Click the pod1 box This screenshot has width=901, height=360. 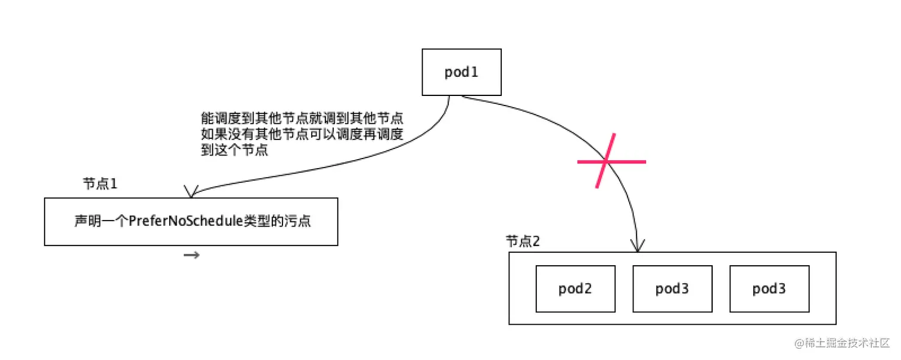tap(461, 72)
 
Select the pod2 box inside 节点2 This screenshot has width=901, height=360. tap(575, 289)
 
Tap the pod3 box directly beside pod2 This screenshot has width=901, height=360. tap(672, 289)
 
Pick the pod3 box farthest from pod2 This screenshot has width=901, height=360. tap(769, 289)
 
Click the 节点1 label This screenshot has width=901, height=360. tap(100, 184)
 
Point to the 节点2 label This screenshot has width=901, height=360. tap(523, 241)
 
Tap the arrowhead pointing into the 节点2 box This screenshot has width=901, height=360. tap(638, 246)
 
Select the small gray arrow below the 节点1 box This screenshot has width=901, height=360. tap(191, 256)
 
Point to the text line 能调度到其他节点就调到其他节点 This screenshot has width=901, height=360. tap(303, 118)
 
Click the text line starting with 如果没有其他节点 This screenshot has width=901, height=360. tap(303, 134)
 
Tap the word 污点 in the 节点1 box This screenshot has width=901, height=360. tap(299, 221)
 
